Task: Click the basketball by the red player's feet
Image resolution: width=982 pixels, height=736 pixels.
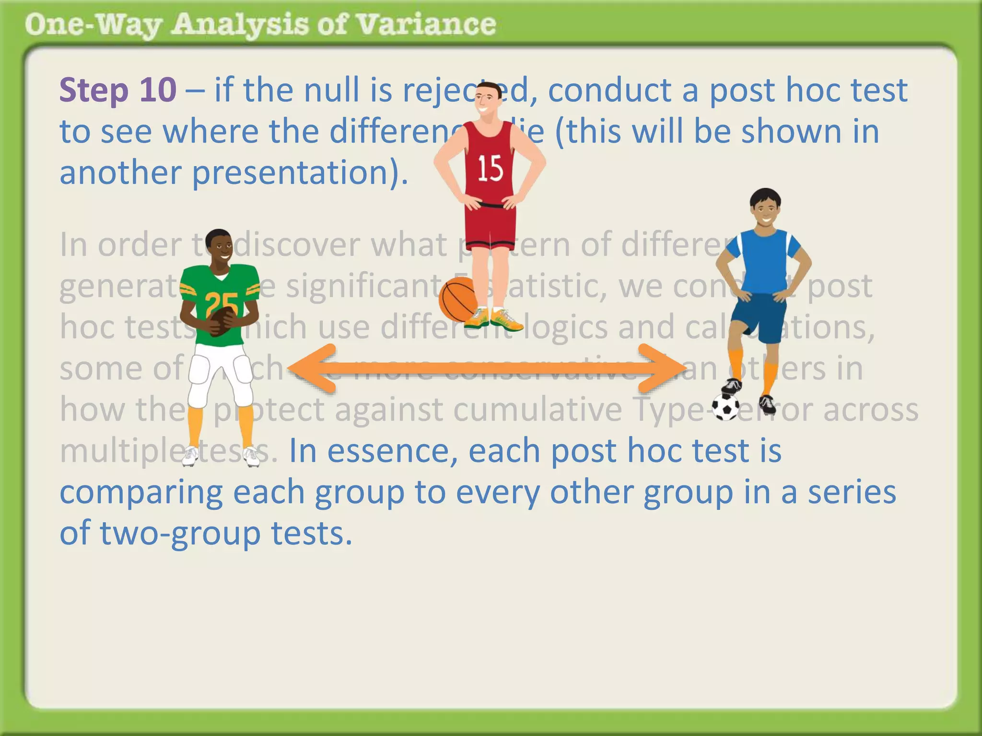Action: point(458,299)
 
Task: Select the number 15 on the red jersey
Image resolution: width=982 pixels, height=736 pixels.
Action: point(490,169)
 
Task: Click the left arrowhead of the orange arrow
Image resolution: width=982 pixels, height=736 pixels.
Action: point(312,368)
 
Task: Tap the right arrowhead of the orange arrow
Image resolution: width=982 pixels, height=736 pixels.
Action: point(664,368)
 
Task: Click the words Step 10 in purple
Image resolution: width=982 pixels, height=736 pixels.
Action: point(118,90)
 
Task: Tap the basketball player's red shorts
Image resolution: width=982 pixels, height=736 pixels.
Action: point(490,225)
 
